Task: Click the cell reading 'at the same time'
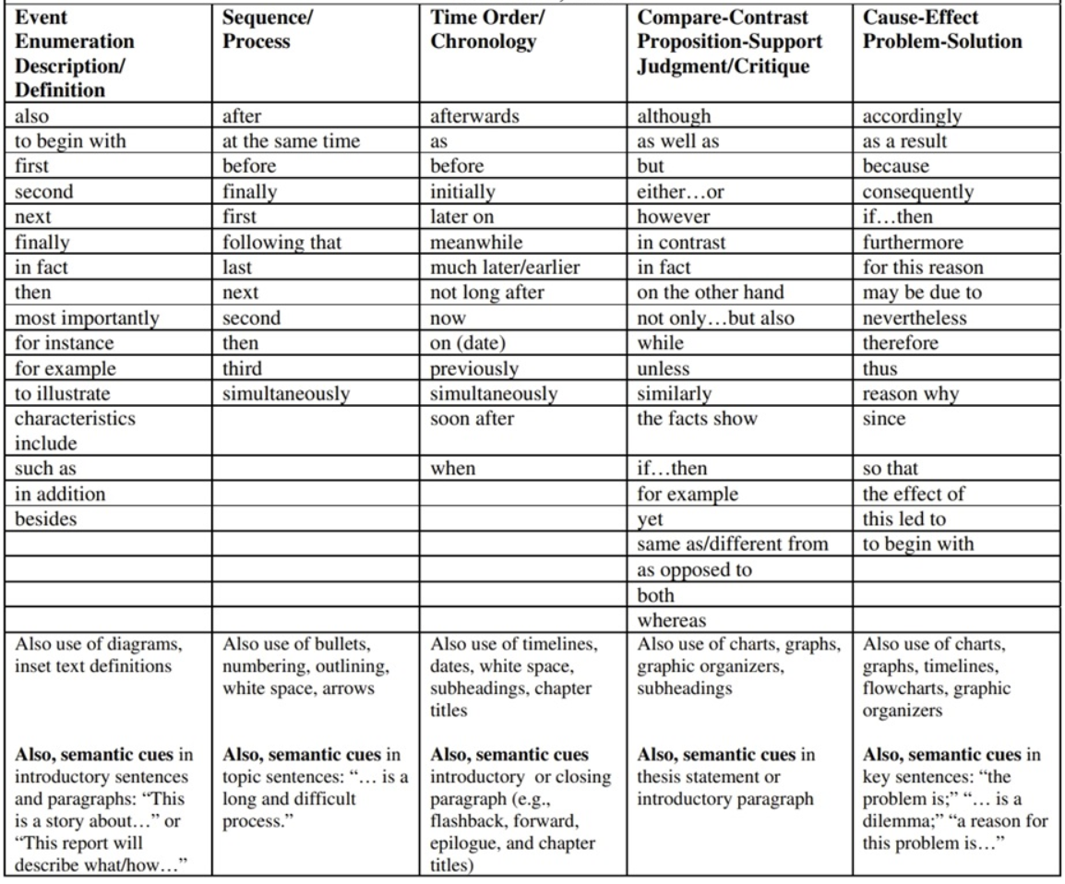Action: (x=277, y=142)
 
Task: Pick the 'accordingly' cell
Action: (x=912, y=116)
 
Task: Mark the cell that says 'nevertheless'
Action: (x=915, y=318)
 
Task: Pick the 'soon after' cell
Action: (x=470, y=419)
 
